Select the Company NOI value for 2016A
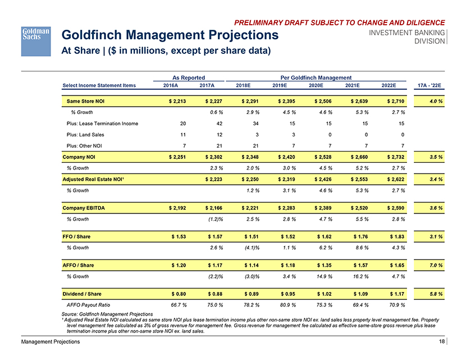tap(177, 158)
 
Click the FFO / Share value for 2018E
tap(250, 236)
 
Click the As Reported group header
tap(188, 77)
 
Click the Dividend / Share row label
tap(84, 293)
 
